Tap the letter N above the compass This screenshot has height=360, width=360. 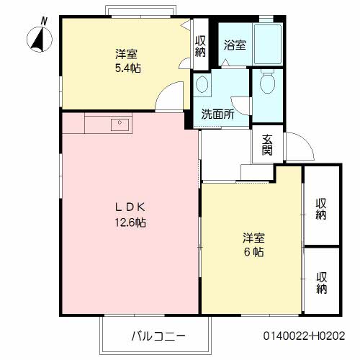coord(44,22)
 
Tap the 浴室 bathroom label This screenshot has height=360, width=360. coord(235,45)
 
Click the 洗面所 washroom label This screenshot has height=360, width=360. coord(217,113)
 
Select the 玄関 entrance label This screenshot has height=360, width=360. coord(266,145)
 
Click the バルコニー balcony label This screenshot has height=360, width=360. coord(158,336)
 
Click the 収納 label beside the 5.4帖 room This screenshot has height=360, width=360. coord(200,45)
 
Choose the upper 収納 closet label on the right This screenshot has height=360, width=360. coord(321,207)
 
